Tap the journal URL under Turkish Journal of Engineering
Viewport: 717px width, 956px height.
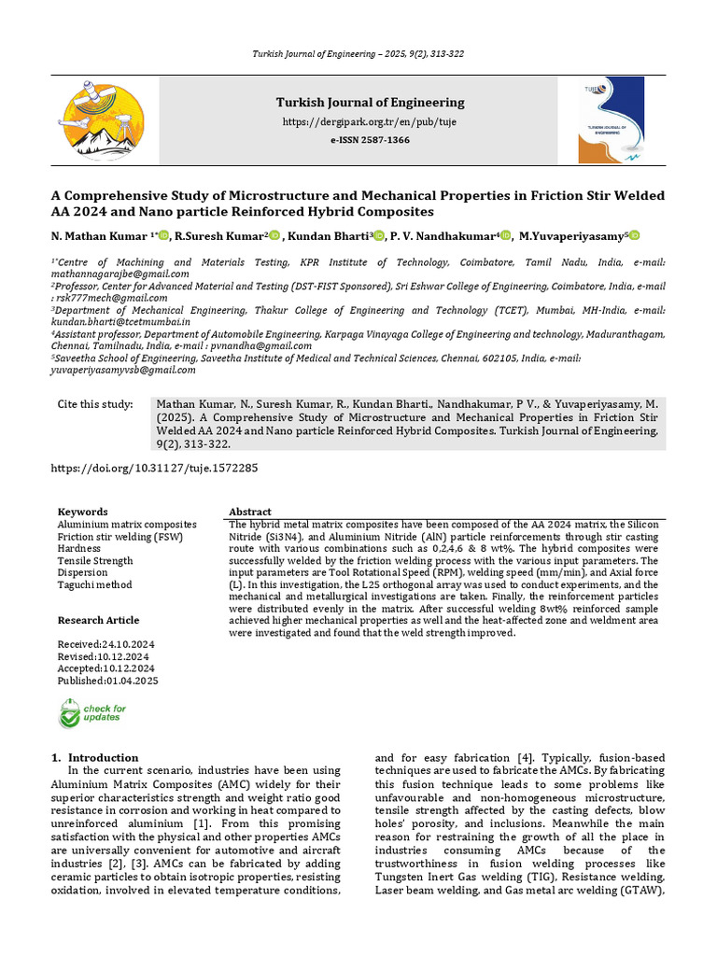pyautogui.click(x=370, y=122)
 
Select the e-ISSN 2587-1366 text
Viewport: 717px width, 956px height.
pyautogui.click(x=370, y=140)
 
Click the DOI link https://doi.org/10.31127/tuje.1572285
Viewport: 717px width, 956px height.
pyautogui.click(x=154, y=468)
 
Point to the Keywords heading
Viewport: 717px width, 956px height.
pyautogui.click(x=82, y=513)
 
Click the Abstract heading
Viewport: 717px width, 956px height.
pyautogui.click(x=250, y=513)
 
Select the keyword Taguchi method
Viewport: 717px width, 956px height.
pyautogui.click(x=94, y=585)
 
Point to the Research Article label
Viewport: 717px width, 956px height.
pyautogui.click(x=98, y=621)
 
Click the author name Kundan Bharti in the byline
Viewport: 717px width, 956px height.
pyautogui.click(x=330, y=237)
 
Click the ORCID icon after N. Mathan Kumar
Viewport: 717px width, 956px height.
pyautogui.click(x=163, y=237)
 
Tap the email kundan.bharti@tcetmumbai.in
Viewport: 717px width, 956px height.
pyautogui.click(x=120, y=321)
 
